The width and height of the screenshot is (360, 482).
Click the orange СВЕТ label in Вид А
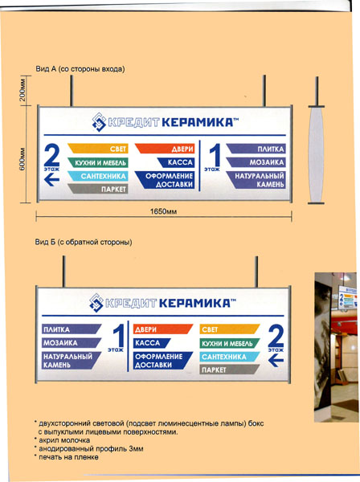pos(98,149)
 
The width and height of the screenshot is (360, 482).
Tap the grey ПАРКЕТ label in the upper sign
pos(98,189)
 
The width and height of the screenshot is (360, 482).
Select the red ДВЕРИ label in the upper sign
pos(165,149)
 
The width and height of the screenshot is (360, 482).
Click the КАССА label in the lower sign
pos(152,343)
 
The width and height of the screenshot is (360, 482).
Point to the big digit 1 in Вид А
pos(215,156)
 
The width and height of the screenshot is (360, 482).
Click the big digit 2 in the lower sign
pos(276,336)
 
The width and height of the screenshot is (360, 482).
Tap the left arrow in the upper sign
pos(51,179)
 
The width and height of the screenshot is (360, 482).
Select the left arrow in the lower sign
pos(276,360)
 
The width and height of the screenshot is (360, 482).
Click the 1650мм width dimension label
pos(163,211)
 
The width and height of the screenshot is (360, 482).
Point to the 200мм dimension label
pos(22,91)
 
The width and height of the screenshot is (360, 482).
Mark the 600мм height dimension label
pos(22,160)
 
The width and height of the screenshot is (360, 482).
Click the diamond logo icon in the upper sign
pos(99,122)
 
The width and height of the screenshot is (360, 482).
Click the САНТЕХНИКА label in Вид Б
pos(230,357)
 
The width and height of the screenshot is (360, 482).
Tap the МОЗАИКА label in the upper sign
pos(256,162)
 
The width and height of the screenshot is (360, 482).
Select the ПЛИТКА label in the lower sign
pos(72,329)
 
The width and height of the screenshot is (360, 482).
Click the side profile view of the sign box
pos(317,153)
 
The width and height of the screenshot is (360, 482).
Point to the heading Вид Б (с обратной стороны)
pos(84,243)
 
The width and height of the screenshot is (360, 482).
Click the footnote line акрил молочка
pos(62,440)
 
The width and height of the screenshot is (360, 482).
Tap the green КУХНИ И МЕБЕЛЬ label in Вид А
pos(98,162)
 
